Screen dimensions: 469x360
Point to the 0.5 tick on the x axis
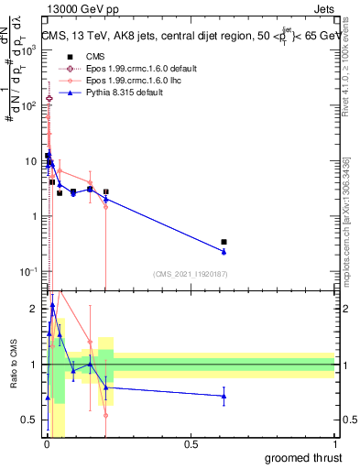(x=191, y=444)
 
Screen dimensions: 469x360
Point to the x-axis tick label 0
(x=47, y=444)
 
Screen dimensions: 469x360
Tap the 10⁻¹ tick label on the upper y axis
(x=30, y=271)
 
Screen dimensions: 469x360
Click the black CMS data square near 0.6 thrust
(x=224, y=242)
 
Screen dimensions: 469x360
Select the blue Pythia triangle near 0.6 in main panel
(x=224, y=251)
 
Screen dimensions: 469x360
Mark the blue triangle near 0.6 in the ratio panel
(x=224, y=396)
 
